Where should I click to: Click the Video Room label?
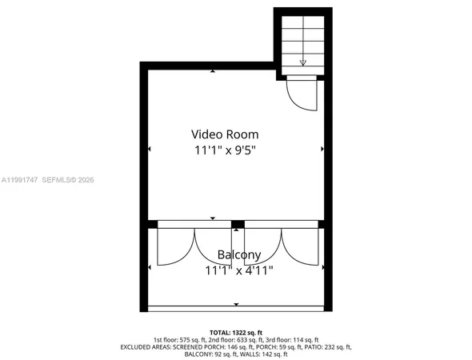pyautogui.click(x=235, y=134)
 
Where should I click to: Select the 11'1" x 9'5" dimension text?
pyautogui.click(x=235, y=150)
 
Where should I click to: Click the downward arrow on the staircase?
pyautogui.click(x=303, y=61)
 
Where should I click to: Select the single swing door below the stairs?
pyautogui.click(x=302, y=94)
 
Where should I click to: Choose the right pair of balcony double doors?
pyautogui.click(x=280, y=246)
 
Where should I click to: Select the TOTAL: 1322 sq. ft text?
pyautogui.click(x=235, y=330)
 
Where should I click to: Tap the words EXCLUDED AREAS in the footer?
pyautogui.click(x=147, y=346)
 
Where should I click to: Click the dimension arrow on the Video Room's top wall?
pyautogui.click(x=213, y=71)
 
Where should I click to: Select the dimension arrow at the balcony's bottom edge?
pyautogui.click(x=236, y=305)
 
